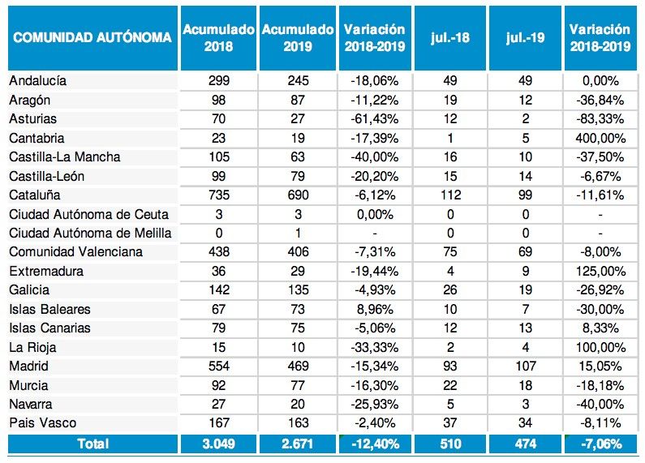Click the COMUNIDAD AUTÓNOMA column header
pos(92,38)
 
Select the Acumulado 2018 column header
pos(218,38)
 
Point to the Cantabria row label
pos(37,138)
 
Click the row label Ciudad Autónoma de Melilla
pos(90,234)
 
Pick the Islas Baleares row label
pos(50,309)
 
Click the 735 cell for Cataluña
pos(218,195)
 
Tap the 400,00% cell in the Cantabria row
pos(600,138)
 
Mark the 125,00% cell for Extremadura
pos(600,272)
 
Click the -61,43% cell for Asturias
pos(376,119)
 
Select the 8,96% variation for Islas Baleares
pos(376,309)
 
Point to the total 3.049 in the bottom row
pos(218,444)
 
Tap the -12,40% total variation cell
pos(376,444)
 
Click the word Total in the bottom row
pos(92,444)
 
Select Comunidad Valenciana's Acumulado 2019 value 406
pos(298,252)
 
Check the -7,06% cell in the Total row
pos(600,444)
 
